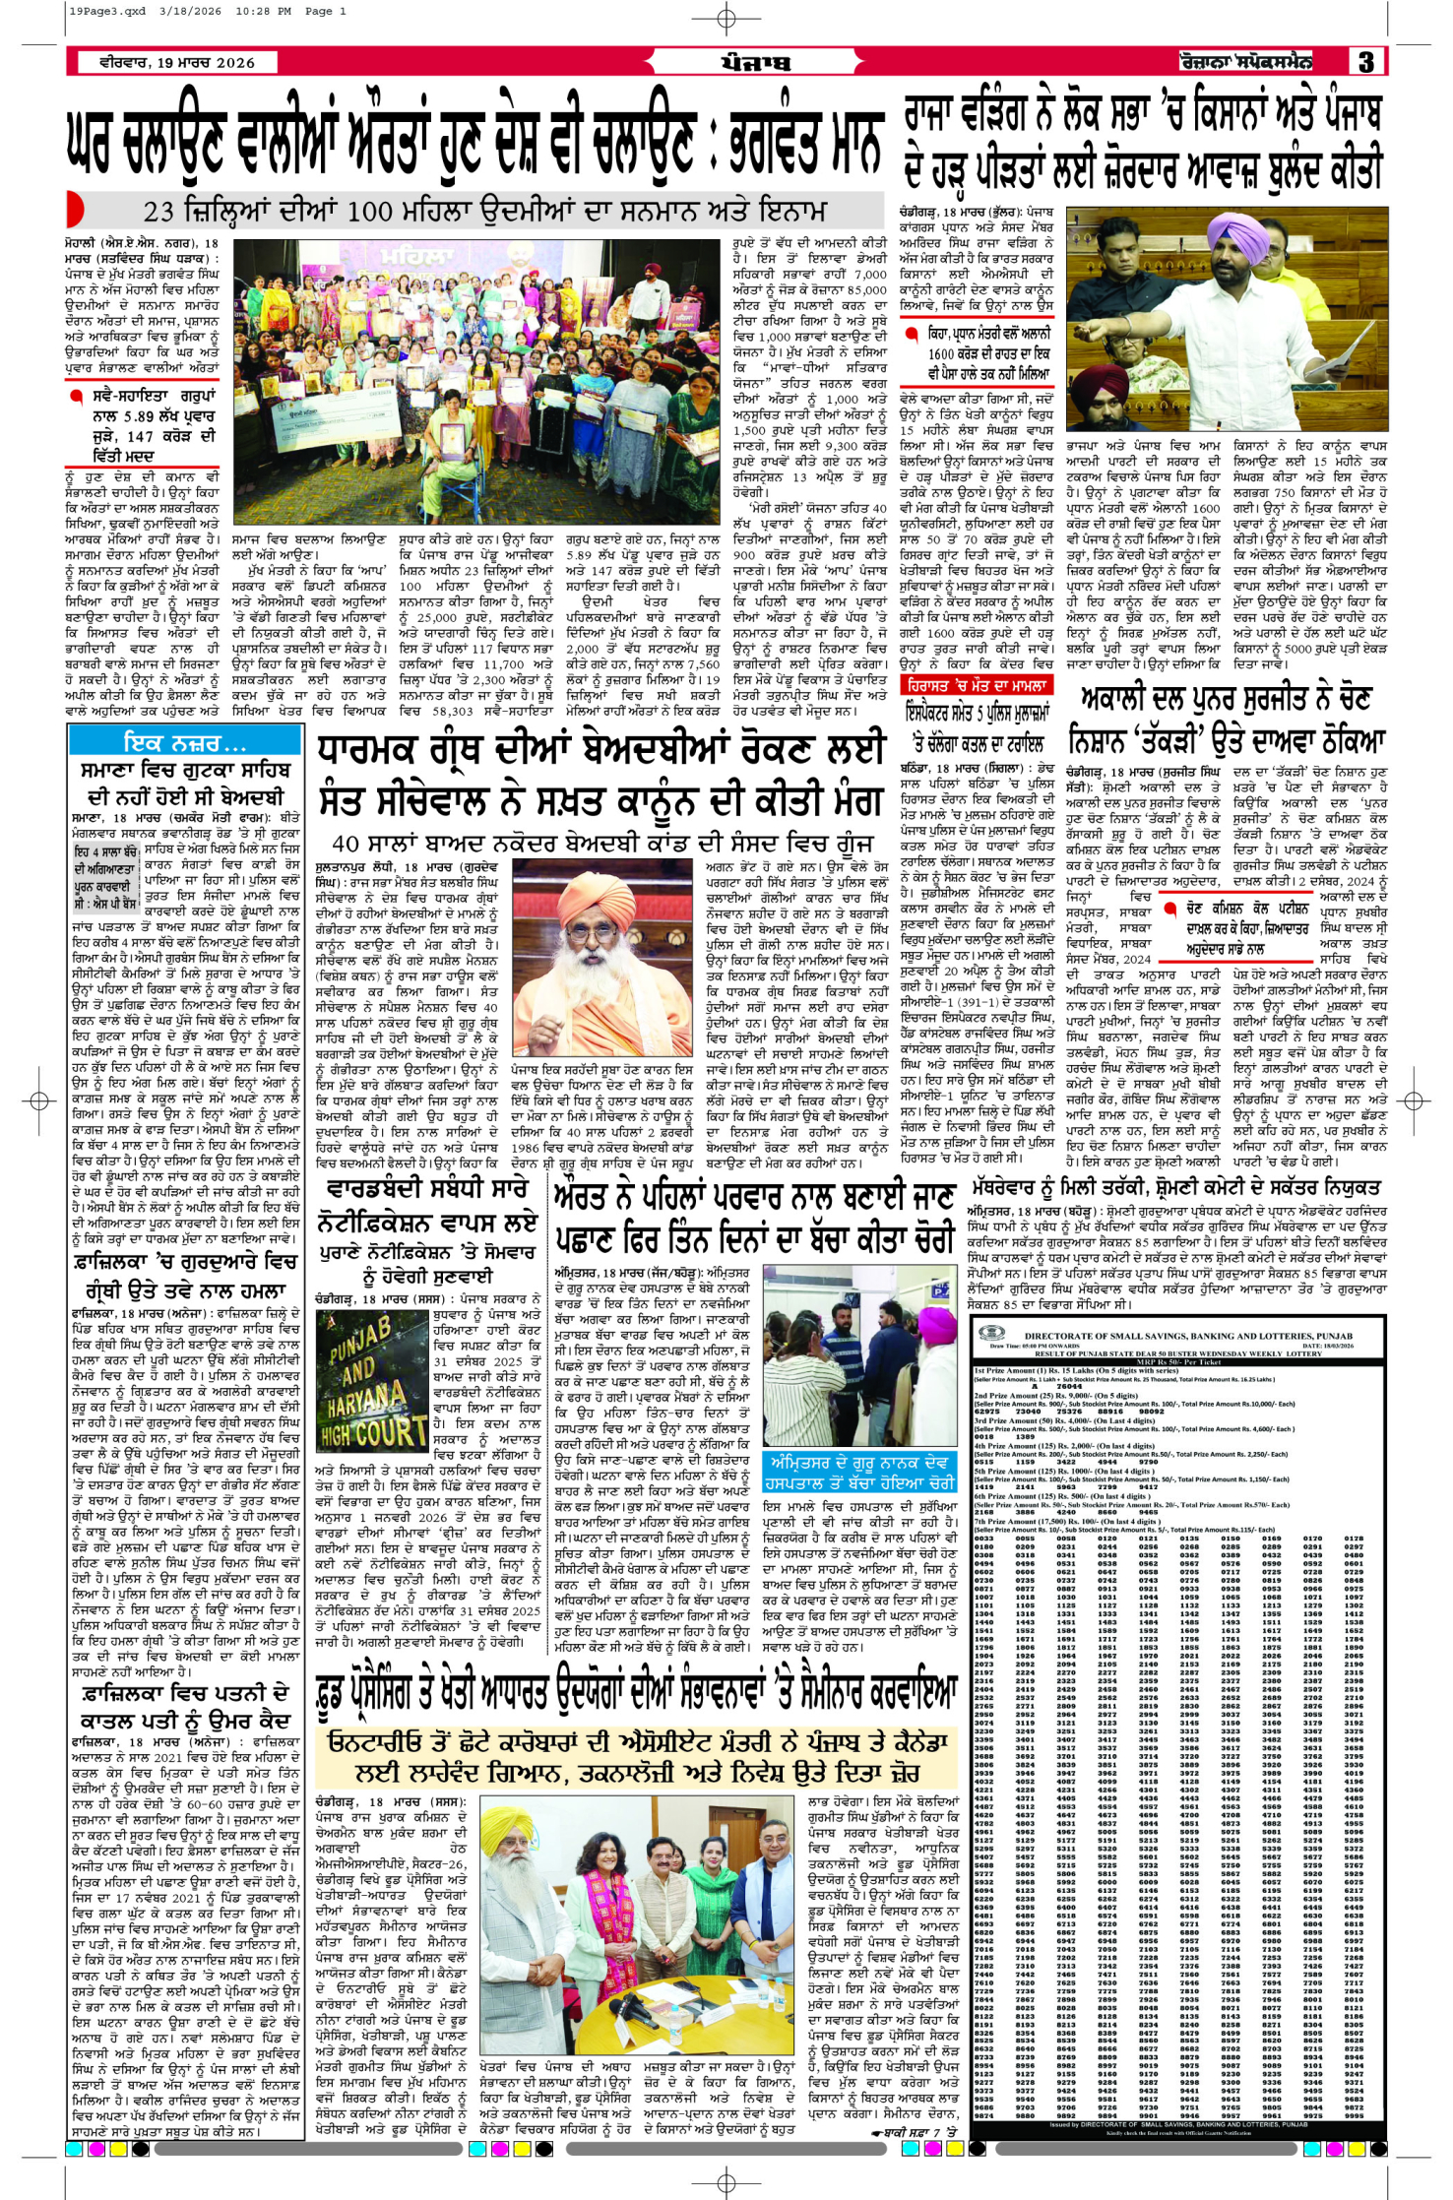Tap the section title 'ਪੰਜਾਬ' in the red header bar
tap(755, 63)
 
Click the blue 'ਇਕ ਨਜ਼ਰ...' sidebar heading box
tap(184, 741)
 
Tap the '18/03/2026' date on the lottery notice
tap(1339, 1346)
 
